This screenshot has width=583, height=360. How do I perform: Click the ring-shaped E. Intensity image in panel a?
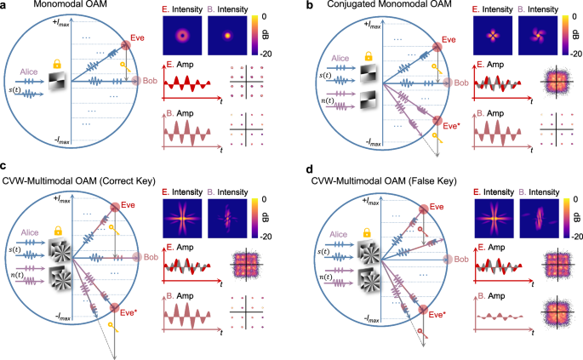[x=180, y=37]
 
